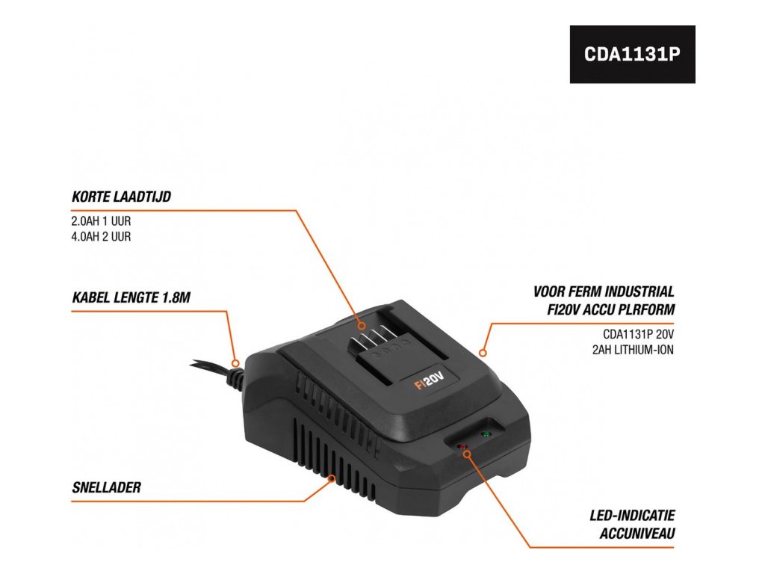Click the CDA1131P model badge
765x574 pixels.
tap(632, 55)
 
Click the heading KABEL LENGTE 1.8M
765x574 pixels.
tap(131, 297)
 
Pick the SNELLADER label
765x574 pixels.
tap(107, 488)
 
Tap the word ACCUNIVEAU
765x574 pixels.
tap(637, 534)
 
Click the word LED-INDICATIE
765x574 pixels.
tap(631, 516)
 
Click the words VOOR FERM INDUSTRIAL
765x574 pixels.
tap(604, 291)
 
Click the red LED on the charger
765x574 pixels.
tap(462, 447)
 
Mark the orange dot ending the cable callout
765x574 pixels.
tap(236, 363)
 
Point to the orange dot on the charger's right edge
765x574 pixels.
tap(483, 351)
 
